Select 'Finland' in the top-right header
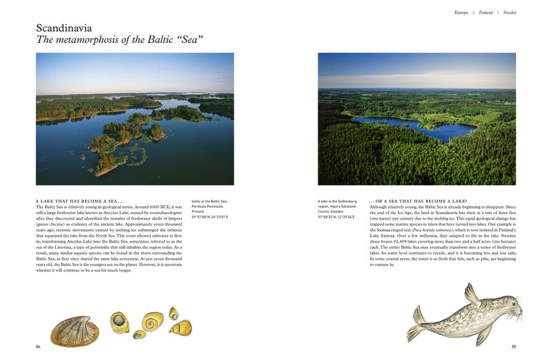[485, 12]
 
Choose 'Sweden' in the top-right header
[509, 12]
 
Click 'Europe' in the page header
[461, 12]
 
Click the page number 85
[513, 346]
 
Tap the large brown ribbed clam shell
[74, 331]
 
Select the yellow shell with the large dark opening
[120, 321]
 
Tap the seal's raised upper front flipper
[471, 294]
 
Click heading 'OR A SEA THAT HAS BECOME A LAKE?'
[418, 201]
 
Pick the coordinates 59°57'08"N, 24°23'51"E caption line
[218, 216]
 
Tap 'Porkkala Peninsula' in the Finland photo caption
[215, 206]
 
